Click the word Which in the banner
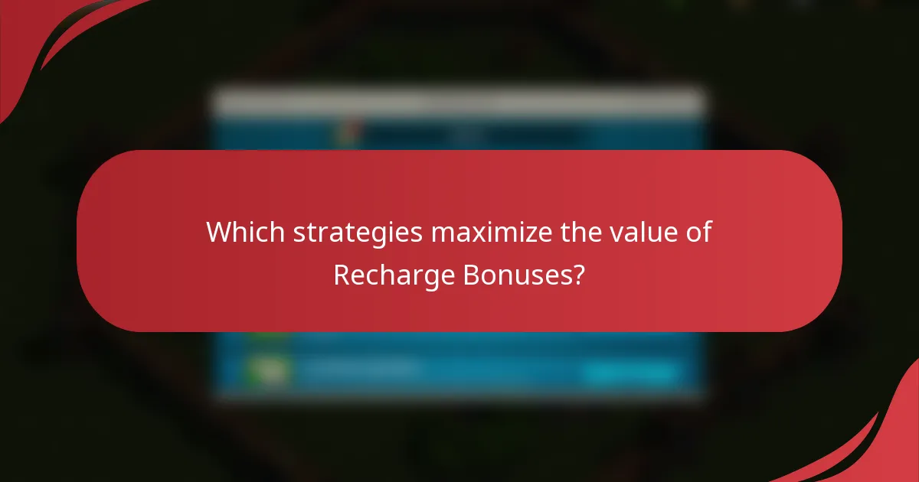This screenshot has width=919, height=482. click(240, 232)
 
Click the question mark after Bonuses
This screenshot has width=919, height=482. click(578, 274)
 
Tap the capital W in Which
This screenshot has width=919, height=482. click(217, 232)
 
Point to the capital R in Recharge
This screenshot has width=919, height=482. click(342, 274)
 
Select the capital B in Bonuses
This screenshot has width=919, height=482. click(470, 274)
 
